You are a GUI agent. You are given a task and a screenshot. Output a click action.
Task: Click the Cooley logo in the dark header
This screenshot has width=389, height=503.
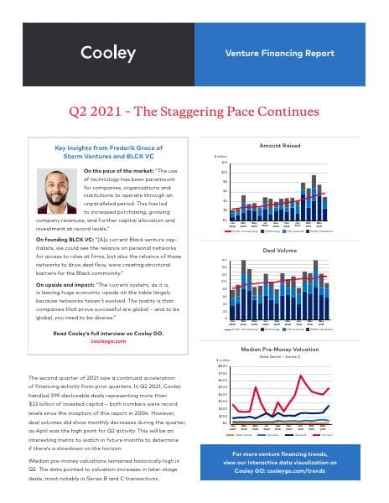tap(107, 54)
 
